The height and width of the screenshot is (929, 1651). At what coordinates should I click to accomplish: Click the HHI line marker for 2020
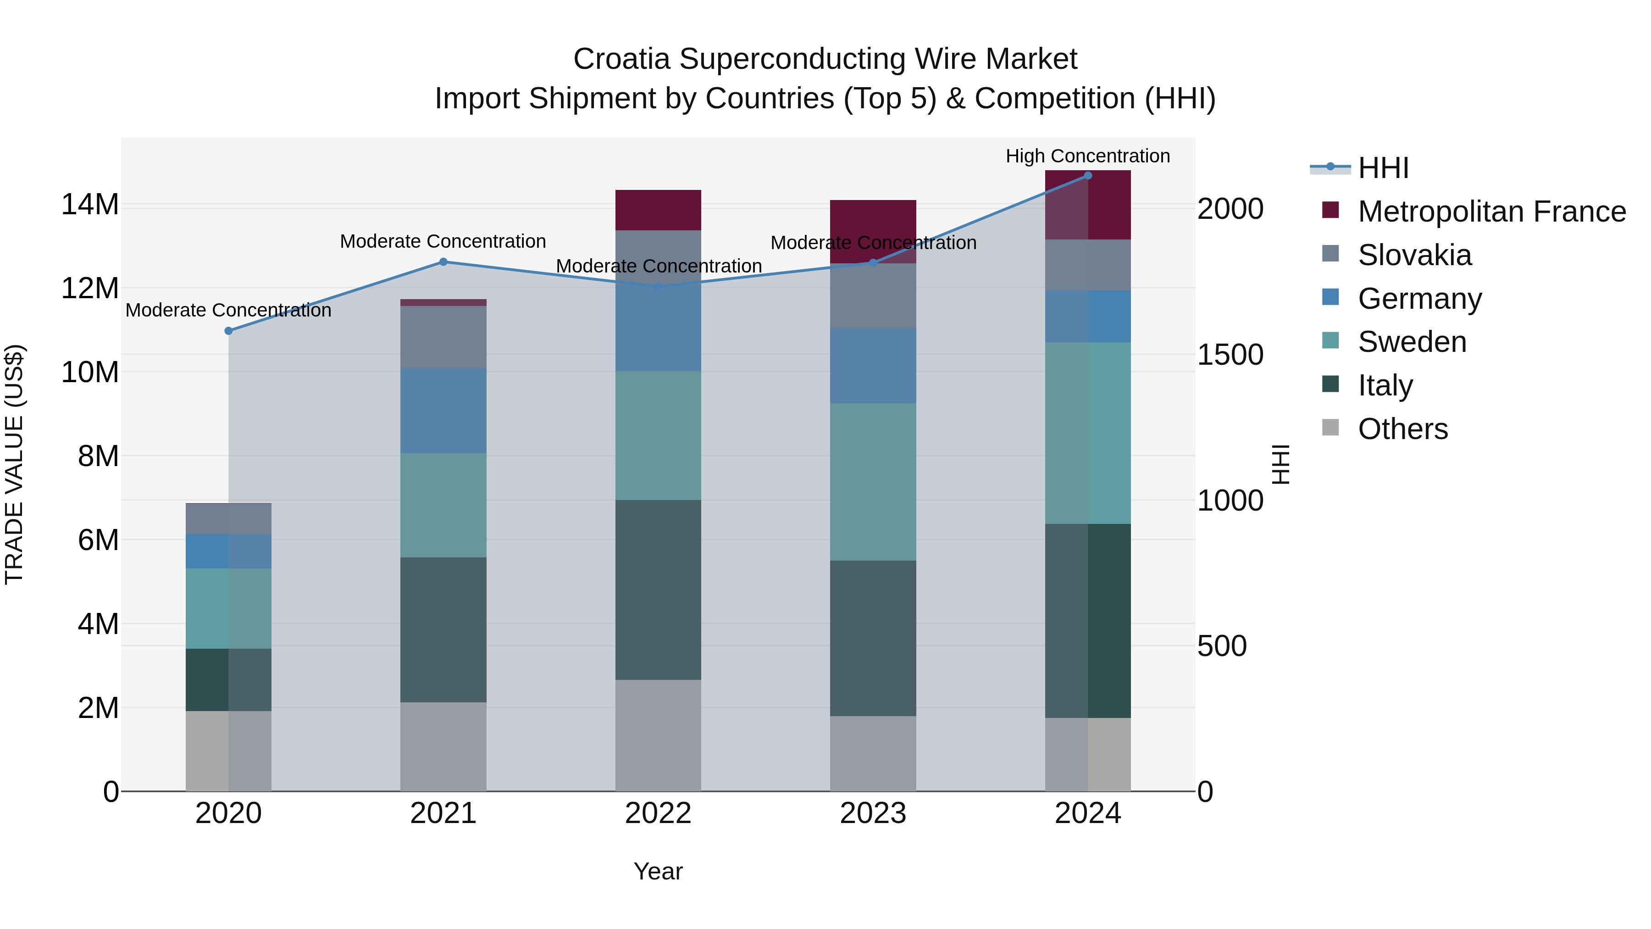[x=228, y=331]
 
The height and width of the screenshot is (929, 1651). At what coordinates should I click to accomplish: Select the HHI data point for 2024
[x=1088, y=176]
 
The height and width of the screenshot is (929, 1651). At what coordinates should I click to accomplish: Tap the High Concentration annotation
[x=1088, y=156]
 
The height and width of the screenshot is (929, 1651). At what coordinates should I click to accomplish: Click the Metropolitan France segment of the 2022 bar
[x=658, y=210]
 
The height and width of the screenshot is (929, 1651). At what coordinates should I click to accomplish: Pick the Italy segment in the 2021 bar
[x=443, y=629]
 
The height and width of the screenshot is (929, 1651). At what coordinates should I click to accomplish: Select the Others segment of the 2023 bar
[x=873, y=753]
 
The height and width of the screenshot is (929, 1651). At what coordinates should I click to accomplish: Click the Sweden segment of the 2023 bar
[x=873, y=482]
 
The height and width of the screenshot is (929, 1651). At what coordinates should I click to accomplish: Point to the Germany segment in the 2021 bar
[x=443, y=411]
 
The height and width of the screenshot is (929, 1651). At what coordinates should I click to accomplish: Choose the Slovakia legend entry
[x=1414, y=255]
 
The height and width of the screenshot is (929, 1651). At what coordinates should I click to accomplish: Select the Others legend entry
[x=1402, y=429]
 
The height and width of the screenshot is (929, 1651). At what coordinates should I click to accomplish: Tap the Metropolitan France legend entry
[x=1491, y=211]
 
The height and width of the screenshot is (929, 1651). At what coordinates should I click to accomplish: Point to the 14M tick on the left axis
[x=90, y=205]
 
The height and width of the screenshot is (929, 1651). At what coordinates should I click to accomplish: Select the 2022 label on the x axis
[x=658, y=813]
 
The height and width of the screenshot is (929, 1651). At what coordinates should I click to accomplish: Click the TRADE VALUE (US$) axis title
[x=14, y=464]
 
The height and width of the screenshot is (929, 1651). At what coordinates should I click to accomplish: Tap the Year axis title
[x=658, y=871]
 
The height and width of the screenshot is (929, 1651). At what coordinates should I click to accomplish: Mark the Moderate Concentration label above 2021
[x=443, y=242]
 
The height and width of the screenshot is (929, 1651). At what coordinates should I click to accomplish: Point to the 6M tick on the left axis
[x=98, y=540]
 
